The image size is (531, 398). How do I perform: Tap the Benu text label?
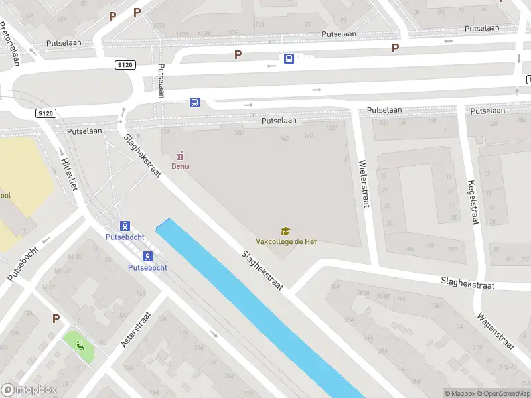tap(180, 166)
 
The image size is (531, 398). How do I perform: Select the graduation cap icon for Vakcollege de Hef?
tap(285, 231)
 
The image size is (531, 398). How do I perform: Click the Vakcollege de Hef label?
tap(286, 241)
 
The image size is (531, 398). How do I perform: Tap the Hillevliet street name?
tap(69, 174)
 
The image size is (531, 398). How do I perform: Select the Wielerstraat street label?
tap(363, 184)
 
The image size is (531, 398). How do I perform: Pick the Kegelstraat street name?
tap(473, 203)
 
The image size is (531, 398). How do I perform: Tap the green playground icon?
tap(80, 344)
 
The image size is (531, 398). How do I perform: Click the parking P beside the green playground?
tap(56, 319)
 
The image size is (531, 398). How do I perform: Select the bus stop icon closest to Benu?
tap(195, 102)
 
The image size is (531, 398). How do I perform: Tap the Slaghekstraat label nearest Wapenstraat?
tap(469, 284)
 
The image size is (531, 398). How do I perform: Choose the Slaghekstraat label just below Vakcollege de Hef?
tap(262, 270)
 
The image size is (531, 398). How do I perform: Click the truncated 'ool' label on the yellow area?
tap(5, 196)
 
